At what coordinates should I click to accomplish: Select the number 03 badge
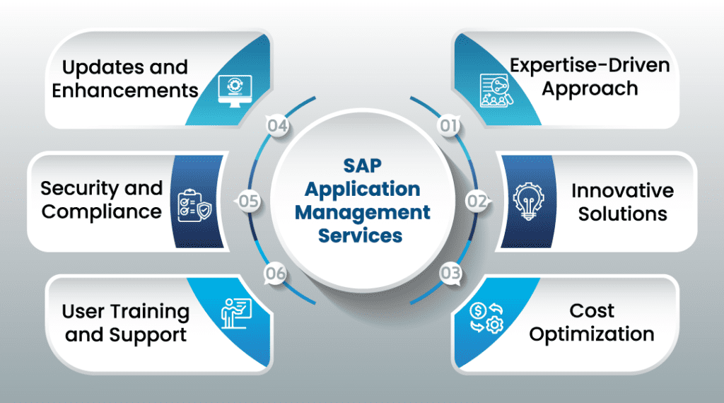click(x=449, y=271)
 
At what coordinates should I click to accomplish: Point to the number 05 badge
click(x=248, y=201)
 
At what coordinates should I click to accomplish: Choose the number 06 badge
click(x=276, y=272)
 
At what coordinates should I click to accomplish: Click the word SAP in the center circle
click(x=363, y=165)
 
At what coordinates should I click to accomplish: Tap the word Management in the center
click(x=363, y=212)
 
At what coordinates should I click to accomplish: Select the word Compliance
click(x=103, y=212)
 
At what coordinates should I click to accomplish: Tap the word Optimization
click(x=592, y=334)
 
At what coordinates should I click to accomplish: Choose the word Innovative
click(x=622, y=191)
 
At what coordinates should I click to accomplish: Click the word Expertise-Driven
click(x=590, y=66)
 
